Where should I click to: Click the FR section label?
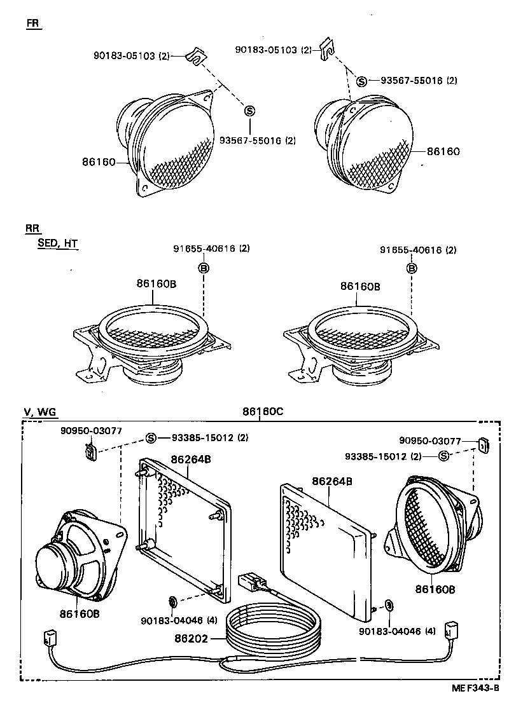point(33,24)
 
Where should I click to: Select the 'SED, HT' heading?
point(57,243)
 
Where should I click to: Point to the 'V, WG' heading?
point(40,412)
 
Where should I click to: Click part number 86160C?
point(262,411)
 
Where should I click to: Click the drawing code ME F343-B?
point(476,688)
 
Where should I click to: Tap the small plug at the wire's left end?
point(50,637)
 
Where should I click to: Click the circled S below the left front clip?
point(249,111)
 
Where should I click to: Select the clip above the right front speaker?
point(328,48)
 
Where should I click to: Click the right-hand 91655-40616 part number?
point(418,250)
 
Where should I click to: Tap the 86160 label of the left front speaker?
point(99,162)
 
